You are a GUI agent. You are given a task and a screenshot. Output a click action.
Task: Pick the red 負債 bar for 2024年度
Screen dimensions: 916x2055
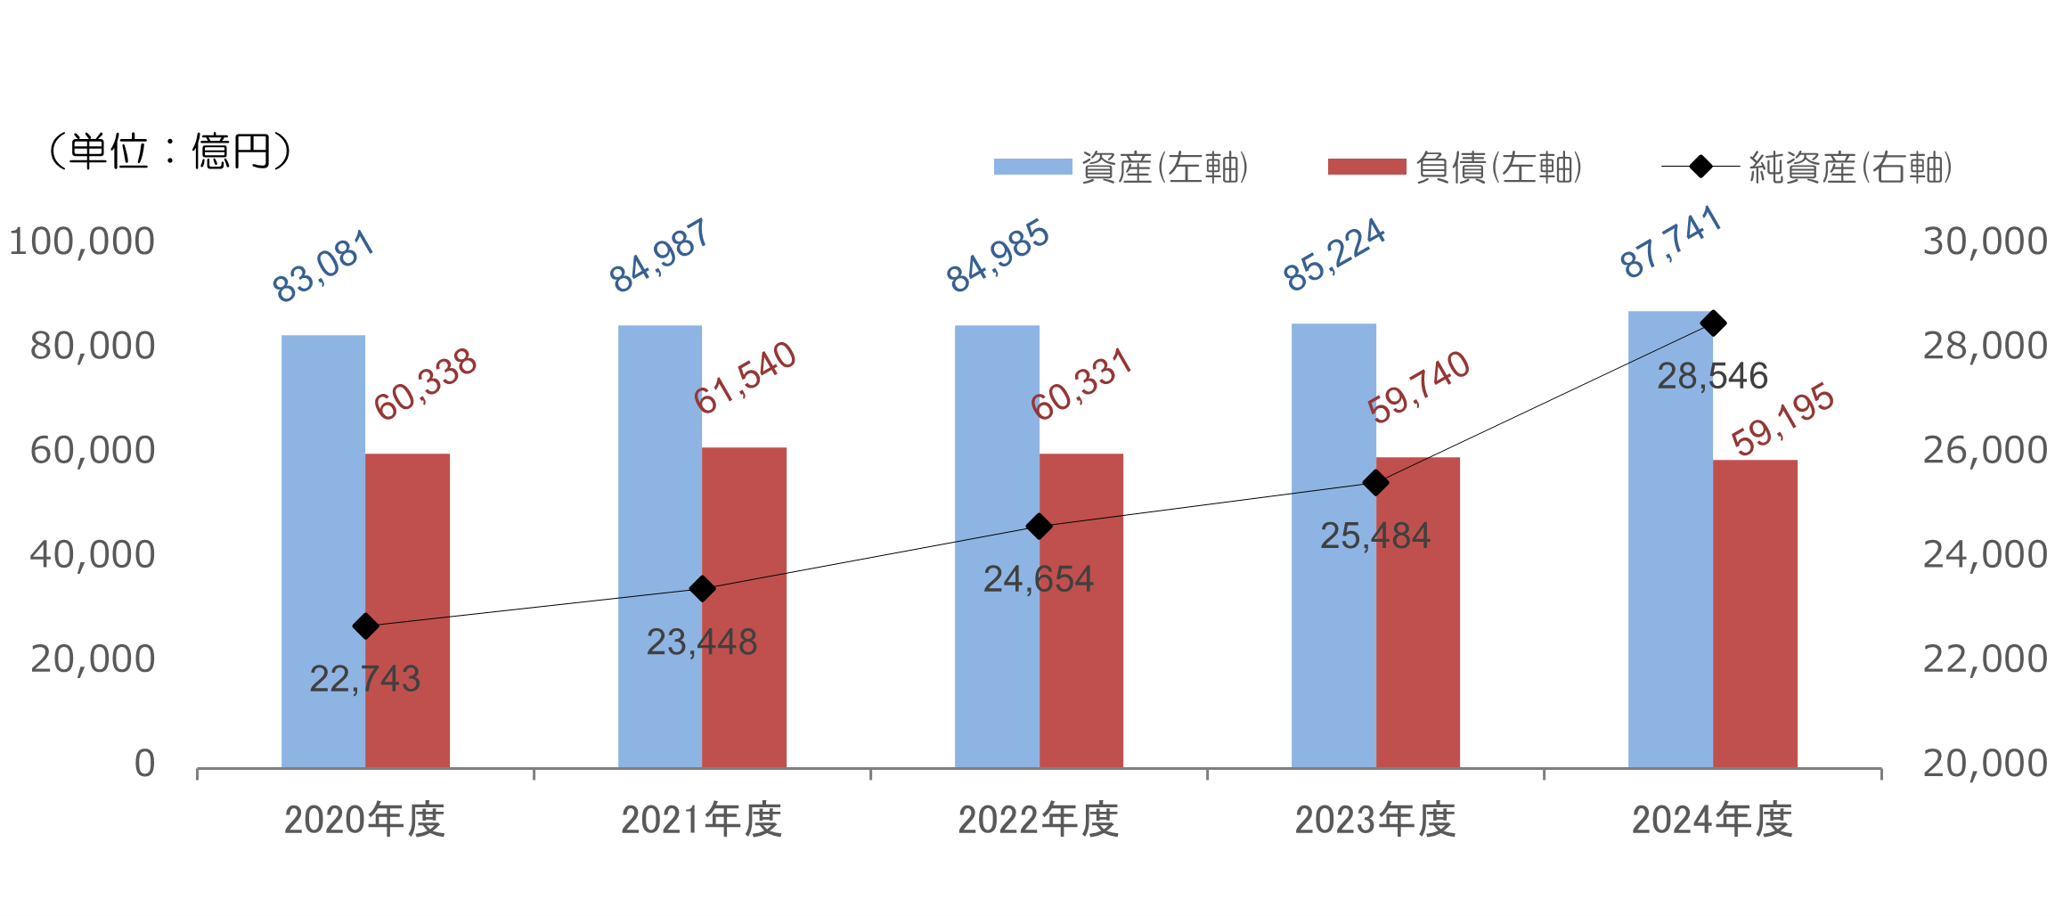[x=1755, y=615]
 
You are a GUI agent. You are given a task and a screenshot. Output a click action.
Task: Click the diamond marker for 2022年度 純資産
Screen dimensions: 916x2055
[x=1039, y=527]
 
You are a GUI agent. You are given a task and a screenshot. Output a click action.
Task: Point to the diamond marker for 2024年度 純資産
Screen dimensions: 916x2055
[x=1713, y=323]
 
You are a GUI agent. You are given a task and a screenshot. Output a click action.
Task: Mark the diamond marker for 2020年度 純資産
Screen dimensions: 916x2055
[x=365, y=626]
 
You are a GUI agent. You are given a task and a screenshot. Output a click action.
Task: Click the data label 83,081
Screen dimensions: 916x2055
[x=322, y=266]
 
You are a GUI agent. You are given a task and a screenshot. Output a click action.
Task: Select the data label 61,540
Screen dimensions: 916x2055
[x=745, y=378]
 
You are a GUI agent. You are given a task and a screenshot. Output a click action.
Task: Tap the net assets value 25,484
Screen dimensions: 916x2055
[x=1374, y=536]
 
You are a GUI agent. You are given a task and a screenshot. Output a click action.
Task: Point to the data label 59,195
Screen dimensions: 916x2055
[x=1782, y=419]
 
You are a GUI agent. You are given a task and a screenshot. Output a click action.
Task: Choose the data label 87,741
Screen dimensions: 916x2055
[x=1670, y=242]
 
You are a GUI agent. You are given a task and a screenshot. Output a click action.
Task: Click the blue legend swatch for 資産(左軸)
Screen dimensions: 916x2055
[x=1032, y=167]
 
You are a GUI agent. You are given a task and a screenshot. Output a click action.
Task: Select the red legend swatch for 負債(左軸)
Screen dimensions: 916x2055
[x=1366, y=167]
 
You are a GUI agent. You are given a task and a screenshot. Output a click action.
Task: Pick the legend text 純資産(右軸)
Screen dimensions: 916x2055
[x=1850, y=168]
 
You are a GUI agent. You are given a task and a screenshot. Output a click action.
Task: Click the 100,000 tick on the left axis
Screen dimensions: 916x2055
[x=82, y=241]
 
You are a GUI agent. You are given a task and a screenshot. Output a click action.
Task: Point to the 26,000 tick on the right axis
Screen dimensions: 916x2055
[x=1985, y=451]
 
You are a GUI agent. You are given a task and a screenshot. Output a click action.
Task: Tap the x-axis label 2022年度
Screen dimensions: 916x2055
[x=1039, y=820]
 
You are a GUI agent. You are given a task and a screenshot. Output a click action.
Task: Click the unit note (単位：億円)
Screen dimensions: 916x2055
[x=169, y=151]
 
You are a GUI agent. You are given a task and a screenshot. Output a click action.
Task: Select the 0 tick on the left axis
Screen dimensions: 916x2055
[x=144, y=764]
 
